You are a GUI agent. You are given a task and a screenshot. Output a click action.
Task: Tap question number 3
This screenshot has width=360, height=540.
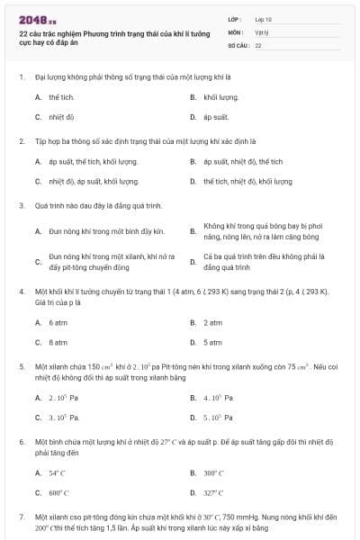pos(21,205)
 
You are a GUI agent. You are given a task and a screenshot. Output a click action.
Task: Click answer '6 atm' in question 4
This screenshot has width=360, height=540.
pos(58,321)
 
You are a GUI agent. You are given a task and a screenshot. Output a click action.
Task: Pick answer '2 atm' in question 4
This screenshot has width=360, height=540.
pos(213,321)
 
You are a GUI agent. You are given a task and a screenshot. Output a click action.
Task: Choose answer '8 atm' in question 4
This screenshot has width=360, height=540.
pos(58,342)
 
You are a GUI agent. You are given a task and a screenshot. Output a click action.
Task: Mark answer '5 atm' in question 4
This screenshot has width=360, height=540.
pos(213,342)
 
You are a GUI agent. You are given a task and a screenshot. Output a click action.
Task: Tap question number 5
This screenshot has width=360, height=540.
pos(21,366)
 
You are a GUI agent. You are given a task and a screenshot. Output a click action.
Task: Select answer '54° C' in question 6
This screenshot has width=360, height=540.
pos(58,472)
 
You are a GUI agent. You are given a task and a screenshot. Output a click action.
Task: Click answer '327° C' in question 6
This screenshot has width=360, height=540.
pos(213,493)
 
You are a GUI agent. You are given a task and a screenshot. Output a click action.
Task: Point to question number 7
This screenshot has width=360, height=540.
pos(21,517)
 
